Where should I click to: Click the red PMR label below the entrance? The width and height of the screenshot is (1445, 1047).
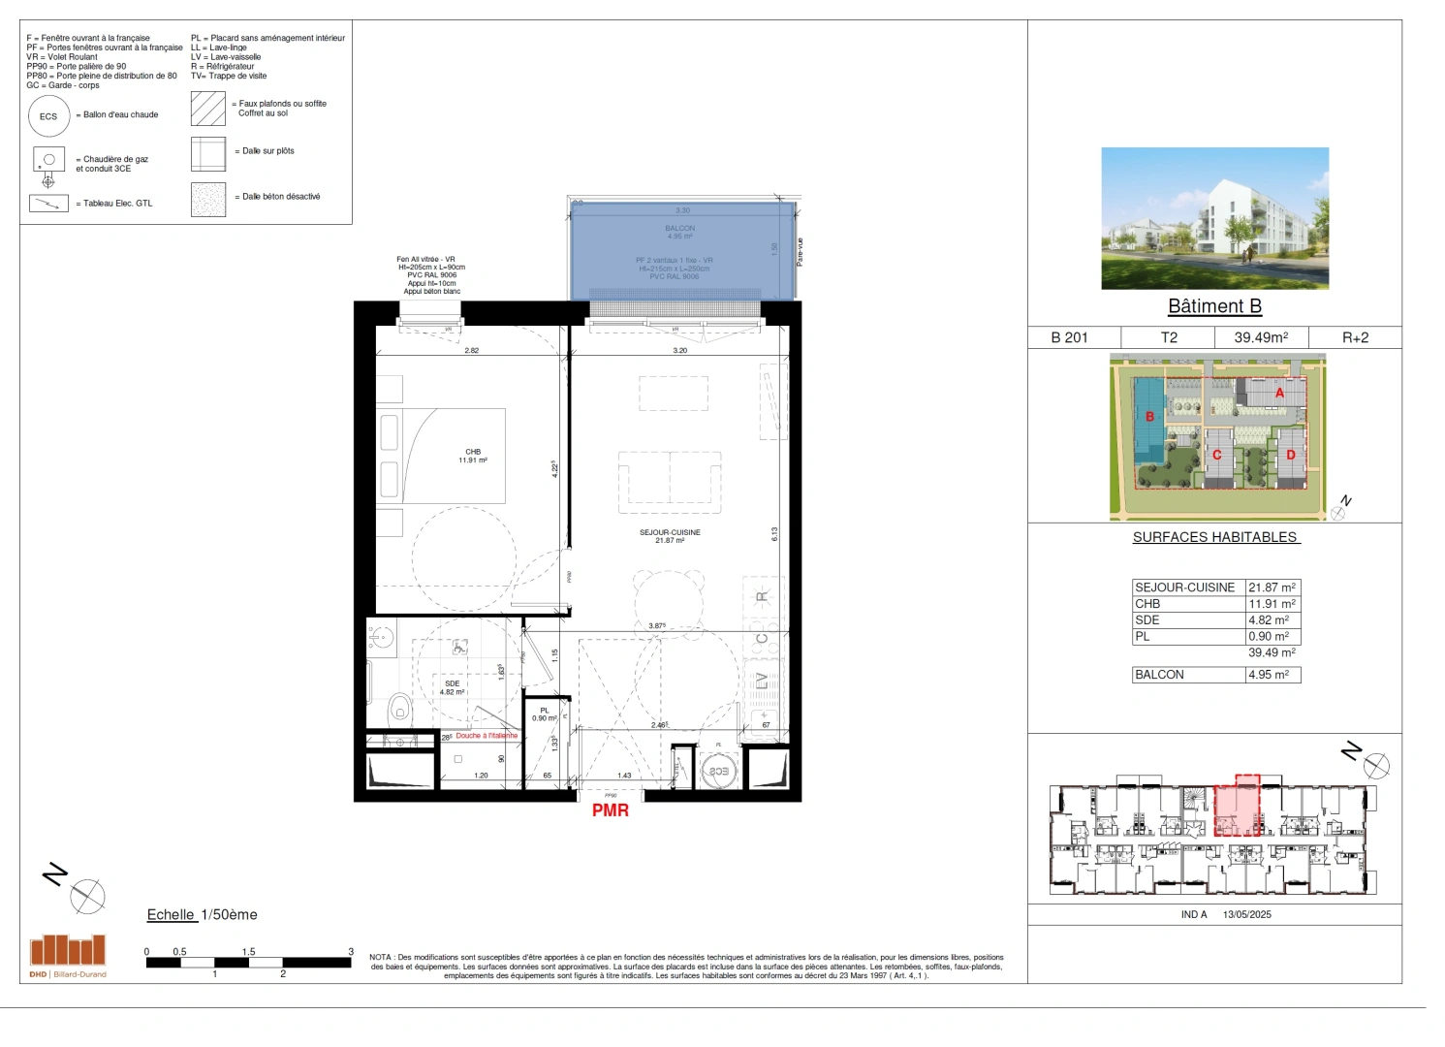[x=611, y=810]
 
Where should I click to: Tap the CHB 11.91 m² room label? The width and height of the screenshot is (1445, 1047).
[x=473, y=456]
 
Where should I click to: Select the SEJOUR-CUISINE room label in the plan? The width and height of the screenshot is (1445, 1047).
[x=670, y=536]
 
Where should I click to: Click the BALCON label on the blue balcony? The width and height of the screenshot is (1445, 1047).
[x=679, y=232]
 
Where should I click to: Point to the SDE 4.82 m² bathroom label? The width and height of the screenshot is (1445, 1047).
[x=452, y=687]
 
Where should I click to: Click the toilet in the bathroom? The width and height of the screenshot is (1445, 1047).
[x=398, y=711]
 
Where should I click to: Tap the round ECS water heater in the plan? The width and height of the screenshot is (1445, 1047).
[x=718, y=771]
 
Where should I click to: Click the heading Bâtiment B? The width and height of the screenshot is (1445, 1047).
[x=1214, y=306]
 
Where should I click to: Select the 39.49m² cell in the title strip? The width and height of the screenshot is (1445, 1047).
[x=1261, y=337]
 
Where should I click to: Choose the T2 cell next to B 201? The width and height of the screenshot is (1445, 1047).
[x=1169, y=337]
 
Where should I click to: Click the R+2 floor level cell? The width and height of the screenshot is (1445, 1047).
[x=1355, y=337]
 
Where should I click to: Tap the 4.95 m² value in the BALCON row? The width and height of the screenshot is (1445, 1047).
[x=1269, y=675]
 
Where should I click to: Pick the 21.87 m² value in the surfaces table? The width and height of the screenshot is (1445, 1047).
[x=1272, y=587]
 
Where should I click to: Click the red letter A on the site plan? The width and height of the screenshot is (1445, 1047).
[x=1279, y=393]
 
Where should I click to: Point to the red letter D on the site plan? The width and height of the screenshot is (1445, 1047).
[x=1290, y=455]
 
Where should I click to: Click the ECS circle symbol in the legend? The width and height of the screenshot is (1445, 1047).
[x=48, y=116]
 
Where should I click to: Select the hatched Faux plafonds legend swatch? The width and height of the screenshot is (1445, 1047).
[x=208, y=109]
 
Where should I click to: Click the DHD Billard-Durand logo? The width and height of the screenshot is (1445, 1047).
[x=68, y=955]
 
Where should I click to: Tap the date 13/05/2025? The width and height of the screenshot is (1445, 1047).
[x=1246, y=914]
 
